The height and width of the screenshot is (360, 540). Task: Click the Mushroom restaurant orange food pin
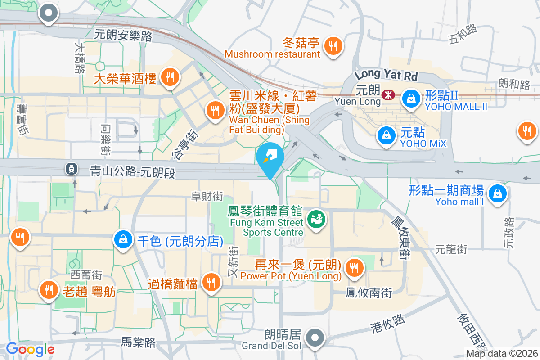tap(333, 46)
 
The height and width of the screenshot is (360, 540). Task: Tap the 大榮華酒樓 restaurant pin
tap(170, 77)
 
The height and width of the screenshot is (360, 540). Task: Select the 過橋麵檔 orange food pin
tap(210, 283)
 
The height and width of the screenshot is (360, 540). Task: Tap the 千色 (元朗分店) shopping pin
tap(123, 240)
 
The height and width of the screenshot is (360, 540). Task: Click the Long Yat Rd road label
tap(386, 74)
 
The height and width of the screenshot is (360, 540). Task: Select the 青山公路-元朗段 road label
tap(132, 171)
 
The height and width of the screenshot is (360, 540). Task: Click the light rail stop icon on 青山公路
tap(71, 169)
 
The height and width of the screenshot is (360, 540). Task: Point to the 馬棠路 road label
tap(139, 343)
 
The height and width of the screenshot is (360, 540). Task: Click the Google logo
tap(30, 349)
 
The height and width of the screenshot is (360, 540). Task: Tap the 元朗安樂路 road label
tap(123, 35)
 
